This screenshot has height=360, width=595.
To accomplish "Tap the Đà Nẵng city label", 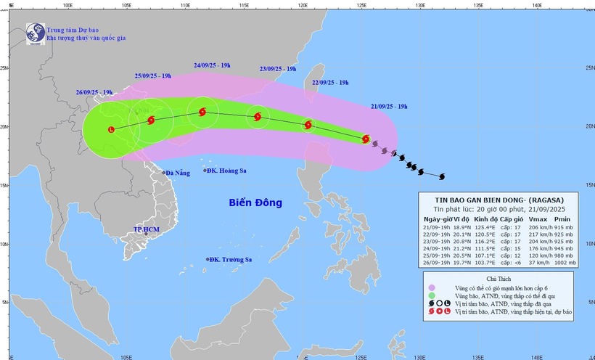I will pos(177,173).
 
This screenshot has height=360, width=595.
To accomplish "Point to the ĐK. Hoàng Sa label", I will pos(226,171).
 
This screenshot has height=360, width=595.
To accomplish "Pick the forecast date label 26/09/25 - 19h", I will pos(94,92).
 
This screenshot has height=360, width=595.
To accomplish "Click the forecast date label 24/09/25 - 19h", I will pos(212,65).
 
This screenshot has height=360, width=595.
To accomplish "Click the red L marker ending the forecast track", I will pos(111,130).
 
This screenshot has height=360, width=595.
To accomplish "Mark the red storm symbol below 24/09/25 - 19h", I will pos(202,112).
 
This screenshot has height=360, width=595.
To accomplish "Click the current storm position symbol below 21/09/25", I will pos(366,138).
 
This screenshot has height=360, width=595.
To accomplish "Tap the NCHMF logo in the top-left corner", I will pos(35,32).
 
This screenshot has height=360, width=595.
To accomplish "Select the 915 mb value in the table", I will pos(562,226).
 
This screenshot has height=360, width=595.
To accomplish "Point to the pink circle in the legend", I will pos(432,288).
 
